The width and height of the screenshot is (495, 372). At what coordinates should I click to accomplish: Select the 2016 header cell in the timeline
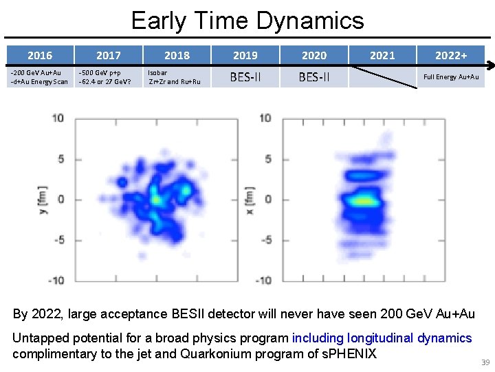pos(39,55)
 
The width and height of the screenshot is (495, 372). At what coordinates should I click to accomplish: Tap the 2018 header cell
pos(177,55)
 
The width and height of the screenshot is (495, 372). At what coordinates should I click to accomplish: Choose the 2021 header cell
pos(382,55)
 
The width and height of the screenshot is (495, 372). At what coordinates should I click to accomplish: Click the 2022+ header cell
pos(451,55)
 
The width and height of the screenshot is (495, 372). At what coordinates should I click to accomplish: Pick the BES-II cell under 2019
pos(245,77)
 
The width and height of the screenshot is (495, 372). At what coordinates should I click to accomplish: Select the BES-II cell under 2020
pos(314,77)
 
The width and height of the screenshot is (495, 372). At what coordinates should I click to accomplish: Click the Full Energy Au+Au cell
pos(451,77)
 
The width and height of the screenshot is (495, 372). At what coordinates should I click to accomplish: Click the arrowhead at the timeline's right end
pos(491,67)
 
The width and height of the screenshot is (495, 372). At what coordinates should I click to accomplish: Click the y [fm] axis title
pos(42,198)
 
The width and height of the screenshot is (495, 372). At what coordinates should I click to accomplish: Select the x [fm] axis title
pos(250,198)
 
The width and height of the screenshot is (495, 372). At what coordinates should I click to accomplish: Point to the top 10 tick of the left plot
pos(58,118)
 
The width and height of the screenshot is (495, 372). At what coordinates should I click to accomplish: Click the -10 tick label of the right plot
pos(263,280)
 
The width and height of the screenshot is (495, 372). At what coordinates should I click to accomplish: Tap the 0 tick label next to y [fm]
pos(60,199)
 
